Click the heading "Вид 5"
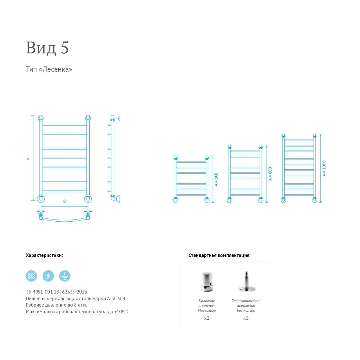pos(47,48)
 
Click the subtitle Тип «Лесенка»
pos(49,69)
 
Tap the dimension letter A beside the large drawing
pos(28,159)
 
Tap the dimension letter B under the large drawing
pos(65,201)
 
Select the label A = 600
pos(216,179)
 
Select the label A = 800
pos(270,174)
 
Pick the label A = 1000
pos(324,168)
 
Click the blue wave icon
pos(31,276)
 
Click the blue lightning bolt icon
pos(48,276)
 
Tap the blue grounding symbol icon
pos(65,276)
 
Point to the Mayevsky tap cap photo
pos(207,282)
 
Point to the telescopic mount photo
pos(246,282)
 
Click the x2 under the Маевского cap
pos(207,318)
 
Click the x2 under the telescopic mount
pos(246,318)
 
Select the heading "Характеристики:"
pos(44,255)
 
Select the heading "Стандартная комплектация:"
pos(219,255)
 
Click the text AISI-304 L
pos(118,298)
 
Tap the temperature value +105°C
pos(122,312)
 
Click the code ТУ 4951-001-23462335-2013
pos(56,292)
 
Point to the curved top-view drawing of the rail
pos(65,221)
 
